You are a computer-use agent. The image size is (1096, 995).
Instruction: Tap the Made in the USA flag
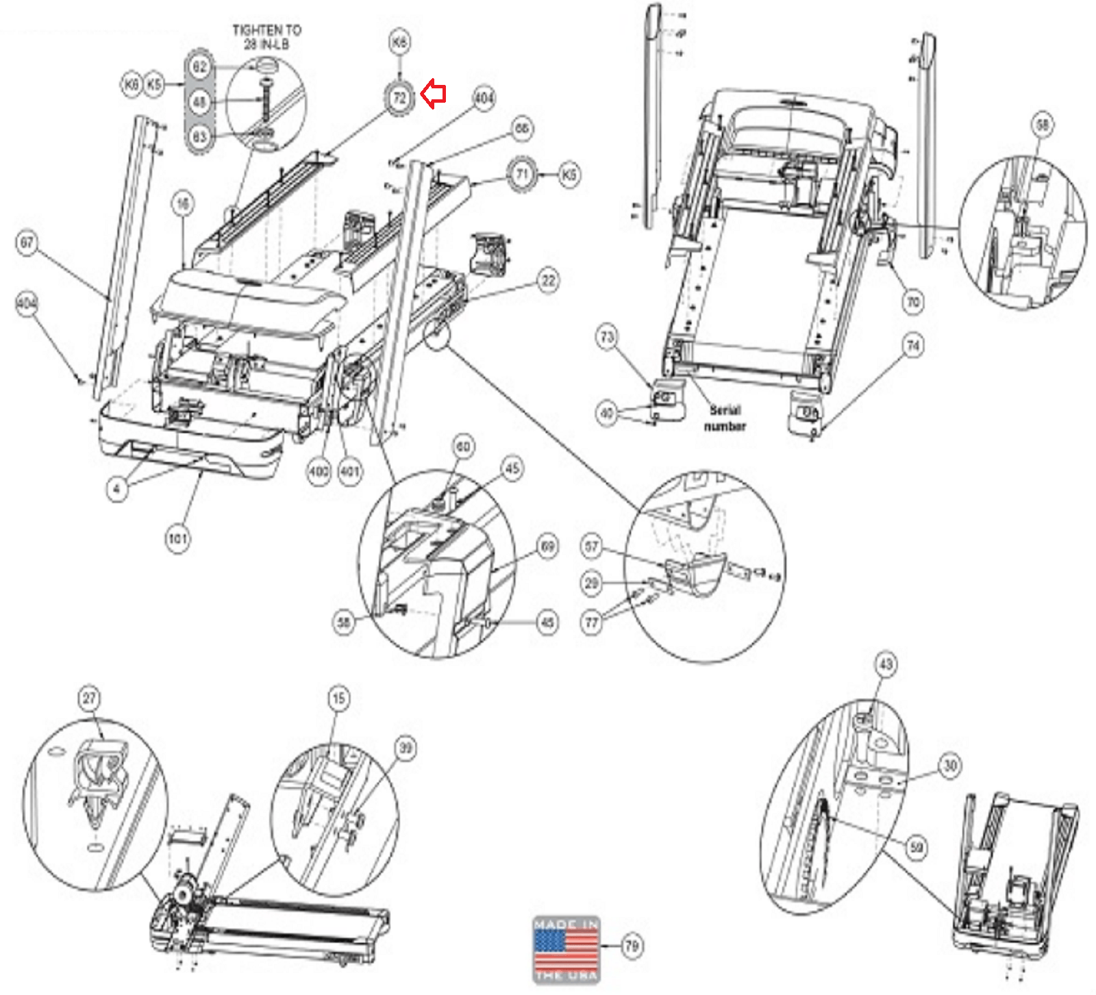pos(566,949)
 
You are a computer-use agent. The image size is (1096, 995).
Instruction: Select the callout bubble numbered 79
pos(632,946)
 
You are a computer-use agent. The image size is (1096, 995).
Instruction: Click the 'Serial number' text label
pos(725,418)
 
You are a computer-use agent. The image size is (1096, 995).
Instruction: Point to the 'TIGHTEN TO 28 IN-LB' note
pos(266,37)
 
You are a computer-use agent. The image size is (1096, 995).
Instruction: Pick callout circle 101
pos(177,539)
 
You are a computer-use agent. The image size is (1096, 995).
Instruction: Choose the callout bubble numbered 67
pos(27,243)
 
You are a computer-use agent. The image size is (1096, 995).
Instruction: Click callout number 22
pos(549,281)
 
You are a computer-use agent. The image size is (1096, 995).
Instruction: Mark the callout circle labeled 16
pos(183,203)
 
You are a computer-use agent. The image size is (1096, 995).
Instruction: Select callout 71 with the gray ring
pos(523,174)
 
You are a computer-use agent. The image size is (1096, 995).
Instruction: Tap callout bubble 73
pos(607,337)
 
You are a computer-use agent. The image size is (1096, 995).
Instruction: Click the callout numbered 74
pos(913,346)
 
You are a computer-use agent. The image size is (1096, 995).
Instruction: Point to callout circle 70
pos(913,301)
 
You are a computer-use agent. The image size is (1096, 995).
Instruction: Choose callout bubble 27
pos(90,698)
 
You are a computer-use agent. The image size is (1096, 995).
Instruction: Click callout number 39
pos(406,748)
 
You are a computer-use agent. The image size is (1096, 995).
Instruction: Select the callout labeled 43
pos(886,664)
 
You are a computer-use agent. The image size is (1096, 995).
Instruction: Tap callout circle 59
pos(917,848)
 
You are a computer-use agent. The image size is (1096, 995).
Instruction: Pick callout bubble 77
pos(591,622)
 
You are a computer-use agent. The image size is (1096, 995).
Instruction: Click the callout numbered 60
pos(464,447)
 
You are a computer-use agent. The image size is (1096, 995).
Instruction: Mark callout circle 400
pos(319,471)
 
